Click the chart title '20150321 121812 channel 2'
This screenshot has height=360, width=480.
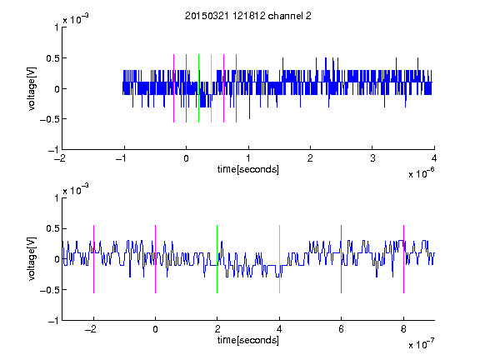pyautogui.click(x=248, y=16)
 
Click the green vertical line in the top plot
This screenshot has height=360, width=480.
pyautogui.click(x=198, y=88)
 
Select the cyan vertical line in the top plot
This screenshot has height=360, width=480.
pyautogui.click(x=211, y=88)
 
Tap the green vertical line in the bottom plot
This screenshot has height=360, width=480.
pyautogui.click(x=217, y=259)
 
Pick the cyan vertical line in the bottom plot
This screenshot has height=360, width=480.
pyautogui.click(x=279, y=259)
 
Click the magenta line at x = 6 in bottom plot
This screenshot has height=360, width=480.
pyautogui.click(x=342, y=259)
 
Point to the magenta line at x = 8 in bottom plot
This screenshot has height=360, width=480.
pyautogui.click(x=404, y=259)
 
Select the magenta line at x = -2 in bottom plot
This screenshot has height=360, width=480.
pyautogui.click(x=93, y=259)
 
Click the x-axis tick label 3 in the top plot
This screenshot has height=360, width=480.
pyautogui.click(x=372, y=158)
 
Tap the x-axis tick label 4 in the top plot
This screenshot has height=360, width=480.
pyautogui.click(x=434, y=158)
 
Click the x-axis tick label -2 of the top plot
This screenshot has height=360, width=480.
pyautogui.click(x=60, y=158)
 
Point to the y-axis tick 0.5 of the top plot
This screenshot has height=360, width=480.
pyautogui.click(x=52, y=58)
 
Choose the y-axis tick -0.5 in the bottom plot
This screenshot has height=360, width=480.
pyautogui.click(x=49, y=290)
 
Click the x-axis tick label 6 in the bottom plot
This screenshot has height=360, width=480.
pyautogui.click(x=342, y=329)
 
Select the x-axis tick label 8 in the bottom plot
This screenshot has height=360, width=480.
pyautogui.click(x=404, y=329)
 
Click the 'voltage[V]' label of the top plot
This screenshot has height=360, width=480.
pyautogui.click(x=32, y=88)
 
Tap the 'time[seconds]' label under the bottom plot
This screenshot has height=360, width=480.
pyautogui.click(x=248, y=340)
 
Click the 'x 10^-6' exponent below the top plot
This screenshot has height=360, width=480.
pyautogui.click(x=422, y=172)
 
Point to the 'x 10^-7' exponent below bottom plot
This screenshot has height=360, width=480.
pyautogui.click(x=422, y=343)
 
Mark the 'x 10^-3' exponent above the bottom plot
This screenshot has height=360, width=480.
pyautogui.click(x=76, y=190)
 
